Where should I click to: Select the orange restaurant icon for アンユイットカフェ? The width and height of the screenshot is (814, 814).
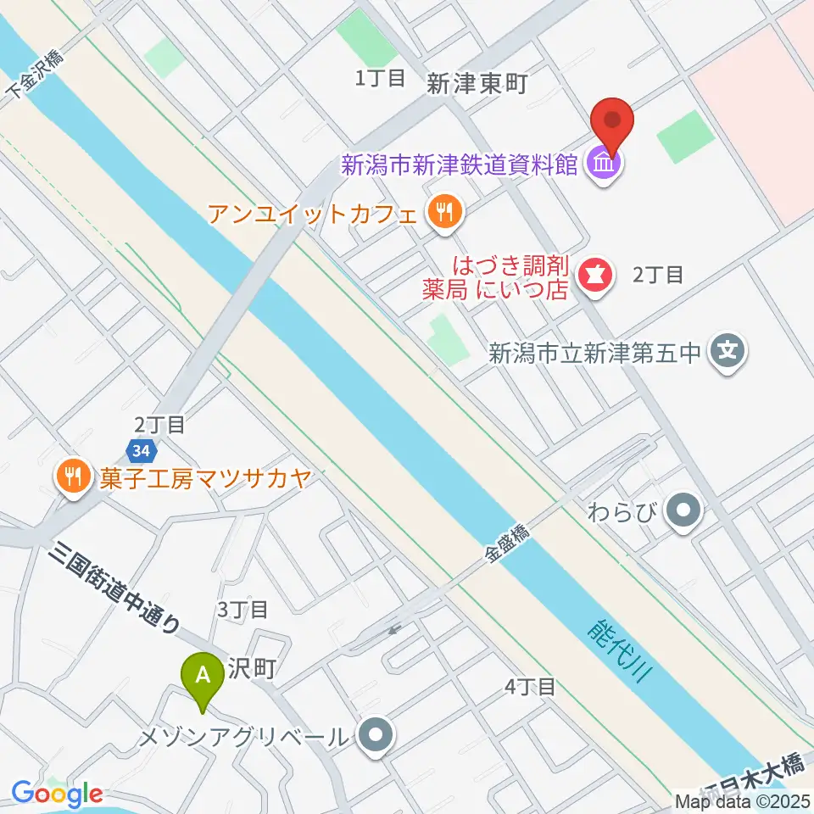tap(443, 211)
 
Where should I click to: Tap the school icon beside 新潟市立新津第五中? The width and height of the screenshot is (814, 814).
tap(727, 349)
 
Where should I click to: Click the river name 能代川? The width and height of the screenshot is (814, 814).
tap(619, 656)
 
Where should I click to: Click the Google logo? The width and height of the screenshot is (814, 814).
tap(57, 794)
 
